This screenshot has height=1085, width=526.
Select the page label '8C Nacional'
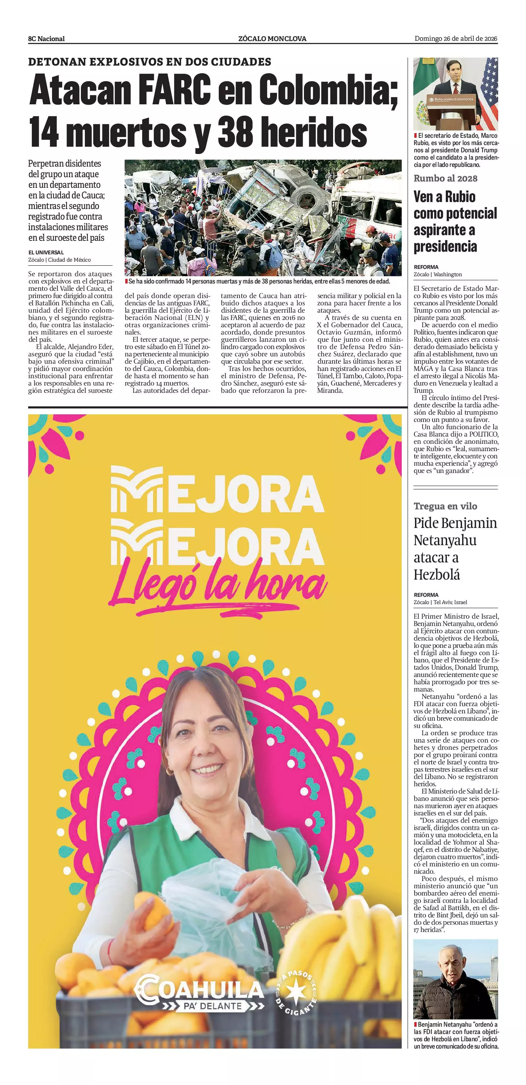point(46,39)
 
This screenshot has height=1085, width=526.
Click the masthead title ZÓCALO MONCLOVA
point(272,39)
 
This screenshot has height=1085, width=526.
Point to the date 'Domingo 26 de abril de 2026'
point(456,38)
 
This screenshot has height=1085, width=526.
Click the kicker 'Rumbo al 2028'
point(445,178)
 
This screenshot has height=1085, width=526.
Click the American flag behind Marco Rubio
point(489,93)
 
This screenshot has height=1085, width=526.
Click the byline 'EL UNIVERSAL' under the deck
point(46,252)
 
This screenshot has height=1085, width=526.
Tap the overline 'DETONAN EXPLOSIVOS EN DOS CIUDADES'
point(149,62)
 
